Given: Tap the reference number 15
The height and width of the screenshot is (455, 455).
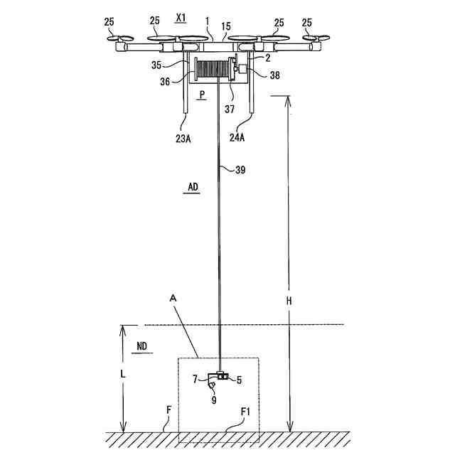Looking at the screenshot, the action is click(x=225, y=26).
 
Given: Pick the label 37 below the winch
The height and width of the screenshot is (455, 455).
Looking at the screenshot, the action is click(x=229, y=109).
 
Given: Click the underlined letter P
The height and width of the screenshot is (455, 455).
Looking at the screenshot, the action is click(x=203, y=94).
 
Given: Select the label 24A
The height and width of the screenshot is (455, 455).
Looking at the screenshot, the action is click(x=237, y=138).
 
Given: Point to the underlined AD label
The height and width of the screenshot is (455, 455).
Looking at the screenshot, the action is click(x=193, y=187).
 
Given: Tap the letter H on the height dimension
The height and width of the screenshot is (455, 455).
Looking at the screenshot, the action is click(x=289, y=300).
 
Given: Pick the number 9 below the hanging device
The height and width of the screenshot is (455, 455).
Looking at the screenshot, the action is click(x=213, y=400).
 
